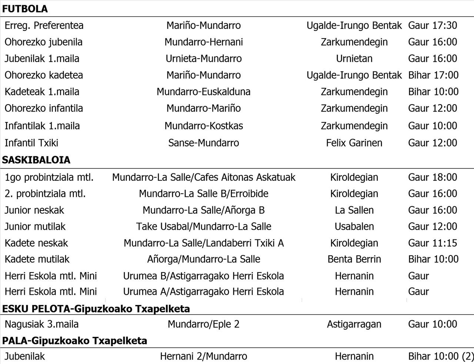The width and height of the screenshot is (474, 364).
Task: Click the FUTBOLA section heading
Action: (25, 9)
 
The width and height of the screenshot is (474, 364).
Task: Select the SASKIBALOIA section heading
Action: (36, 160)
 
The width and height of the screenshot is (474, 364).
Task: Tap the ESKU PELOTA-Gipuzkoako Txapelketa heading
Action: (96, 308)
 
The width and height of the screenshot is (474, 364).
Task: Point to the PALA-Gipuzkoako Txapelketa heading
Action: (74, 340)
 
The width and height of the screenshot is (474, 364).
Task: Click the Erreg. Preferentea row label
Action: (44, 26)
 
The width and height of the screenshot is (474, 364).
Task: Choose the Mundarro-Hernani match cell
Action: (204, 42)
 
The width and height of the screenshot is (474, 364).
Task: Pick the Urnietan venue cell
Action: (354, 59)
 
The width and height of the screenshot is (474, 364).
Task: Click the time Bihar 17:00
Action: (433, 75)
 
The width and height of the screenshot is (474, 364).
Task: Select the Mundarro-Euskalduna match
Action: (204, 92)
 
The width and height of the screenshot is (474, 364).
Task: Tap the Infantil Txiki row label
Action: (31, 143)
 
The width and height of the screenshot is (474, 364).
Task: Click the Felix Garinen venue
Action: (354, 143)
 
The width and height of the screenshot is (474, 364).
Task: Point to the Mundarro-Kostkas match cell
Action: (204, 126)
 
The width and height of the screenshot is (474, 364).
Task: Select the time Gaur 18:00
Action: (433, 177)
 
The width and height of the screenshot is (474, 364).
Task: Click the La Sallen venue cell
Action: (354, 210)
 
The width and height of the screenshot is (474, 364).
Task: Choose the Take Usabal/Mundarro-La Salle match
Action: (204, 226)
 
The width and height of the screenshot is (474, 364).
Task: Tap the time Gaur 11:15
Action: (433, 243)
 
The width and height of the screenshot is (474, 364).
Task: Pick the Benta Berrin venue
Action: (354, 259)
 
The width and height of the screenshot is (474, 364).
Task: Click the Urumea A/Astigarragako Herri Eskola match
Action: (204, 291)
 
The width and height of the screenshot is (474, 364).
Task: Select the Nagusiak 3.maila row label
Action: (41, 324)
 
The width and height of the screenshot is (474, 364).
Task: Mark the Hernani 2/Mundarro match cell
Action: (204, 357)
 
